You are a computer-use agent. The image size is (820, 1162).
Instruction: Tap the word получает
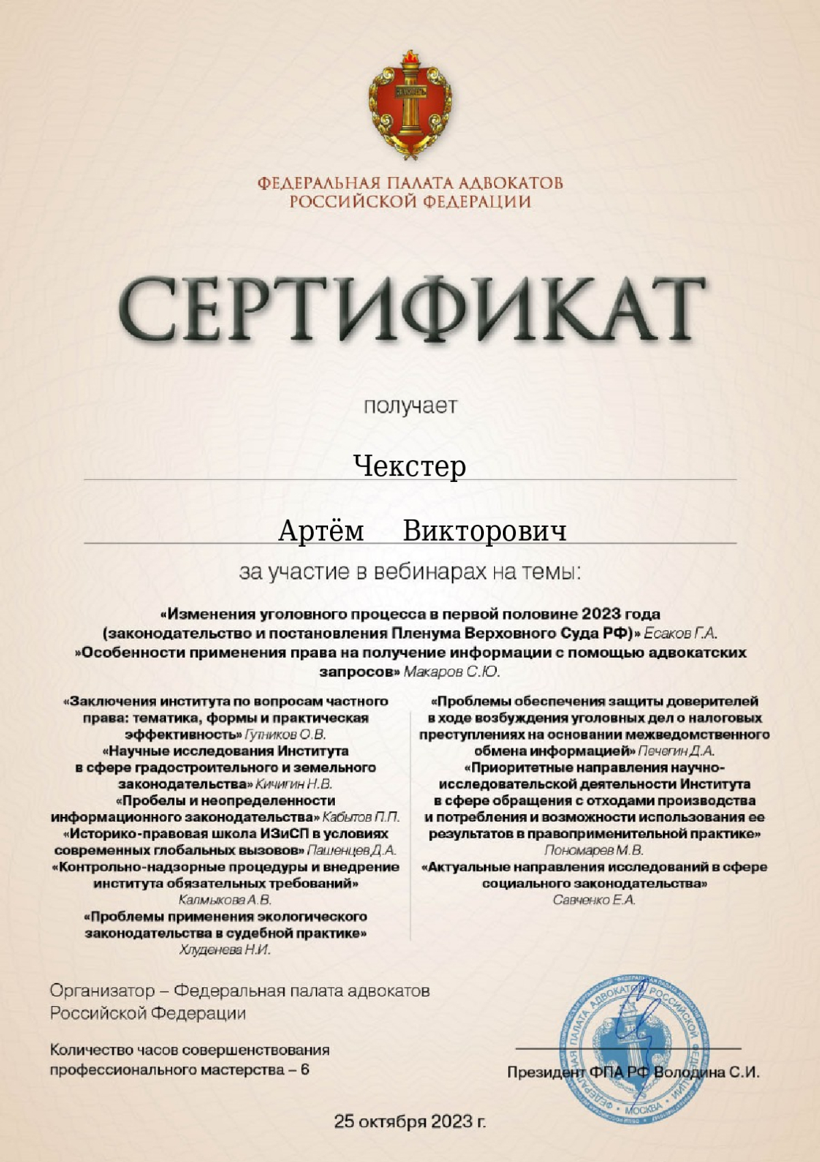[410, 406]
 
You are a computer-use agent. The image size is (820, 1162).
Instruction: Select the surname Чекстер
[410, 466]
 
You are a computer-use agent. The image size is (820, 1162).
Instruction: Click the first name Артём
[321, 531]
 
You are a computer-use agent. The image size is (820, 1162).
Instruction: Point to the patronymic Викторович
[484, 531]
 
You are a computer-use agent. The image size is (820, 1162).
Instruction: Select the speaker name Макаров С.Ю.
[452, 672]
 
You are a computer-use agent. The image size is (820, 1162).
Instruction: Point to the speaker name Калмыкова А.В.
[225, 900]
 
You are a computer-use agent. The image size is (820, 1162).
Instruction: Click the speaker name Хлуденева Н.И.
[225, 949]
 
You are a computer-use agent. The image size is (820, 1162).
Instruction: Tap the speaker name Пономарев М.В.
[594, 850]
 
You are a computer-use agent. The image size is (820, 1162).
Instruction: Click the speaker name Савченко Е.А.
[594, 900]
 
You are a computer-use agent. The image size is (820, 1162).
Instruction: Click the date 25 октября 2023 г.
[410, 1122]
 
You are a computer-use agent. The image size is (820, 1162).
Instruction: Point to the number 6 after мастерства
[305, 1069]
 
